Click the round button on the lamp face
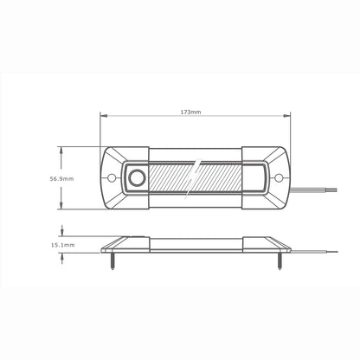click(137, 178)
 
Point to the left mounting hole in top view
click(112, 178)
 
